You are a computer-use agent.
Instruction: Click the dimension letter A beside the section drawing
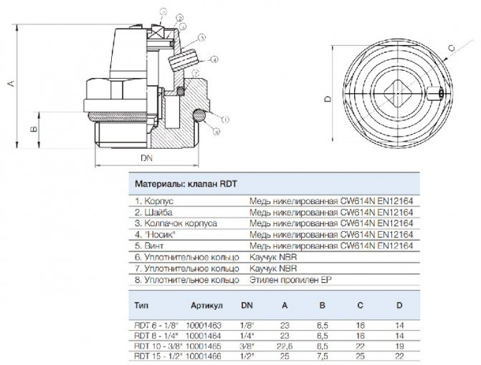click(10, 84)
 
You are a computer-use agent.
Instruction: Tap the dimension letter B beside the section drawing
click(32, 129)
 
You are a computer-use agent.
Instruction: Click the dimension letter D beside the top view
click(325, 99)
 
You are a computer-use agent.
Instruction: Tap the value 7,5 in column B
click(325, 355)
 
